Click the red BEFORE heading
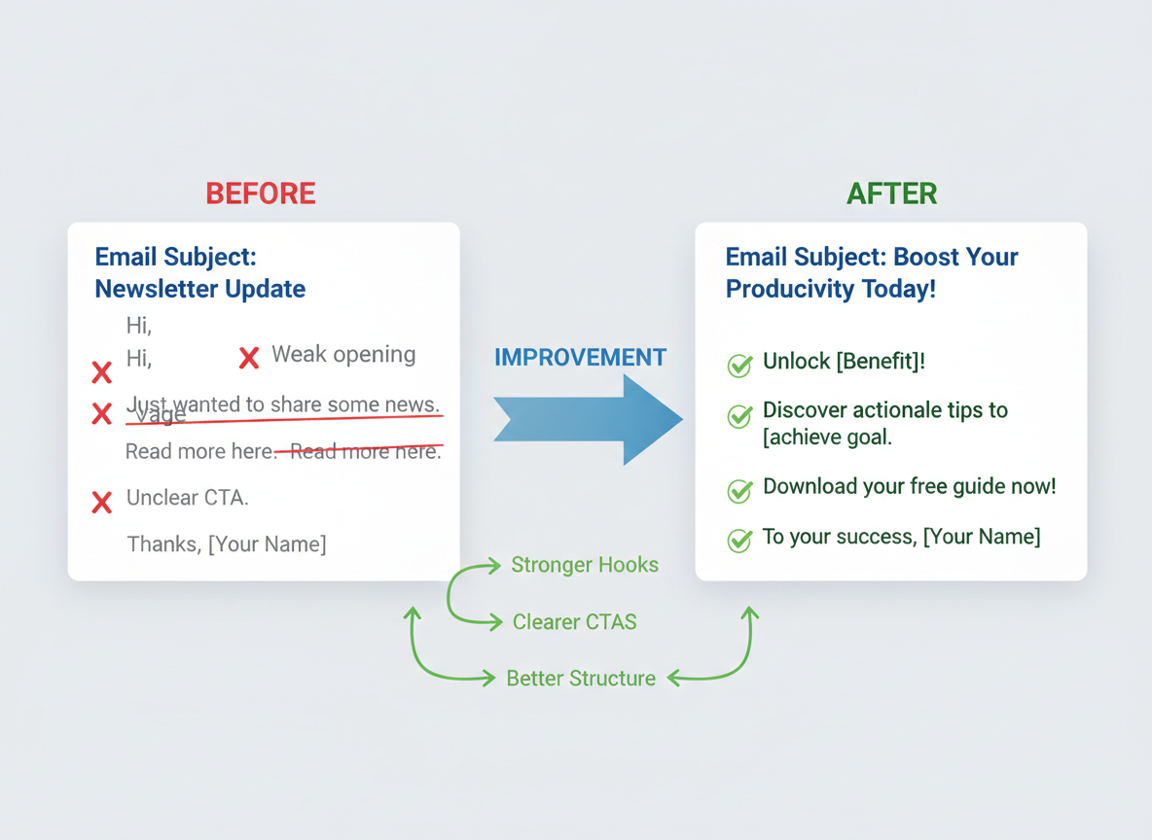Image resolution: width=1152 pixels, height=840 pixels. [260, 193]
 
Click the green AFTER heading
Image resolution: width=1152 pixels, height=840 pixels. [891, 193]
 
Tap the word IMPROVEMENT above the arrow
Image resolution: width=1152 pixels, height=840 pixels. [580, 358]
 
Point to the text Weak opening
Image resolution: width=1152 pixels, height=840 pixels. [343, 355]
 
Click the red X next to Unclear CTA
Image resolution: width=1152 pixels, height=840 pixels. [101, 503]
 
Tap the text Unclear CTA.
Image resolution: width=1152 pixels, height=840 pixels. [188, 499]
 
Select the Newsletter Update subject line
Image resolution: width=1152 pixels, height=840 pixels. [199, 289]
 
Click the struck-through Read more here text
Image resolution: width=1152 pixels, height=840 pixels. [360, 451]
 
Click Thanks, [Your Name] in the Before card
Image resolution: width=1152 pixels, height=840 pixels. [227, 544]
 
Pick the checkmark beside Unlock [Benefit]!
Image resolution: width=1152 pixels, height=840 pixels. [739, 366]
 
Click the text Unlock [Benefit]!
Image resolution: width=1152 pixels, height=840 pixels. [844, 362]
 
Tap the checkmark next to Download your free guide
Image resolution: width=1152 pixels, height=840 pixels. [739, 491]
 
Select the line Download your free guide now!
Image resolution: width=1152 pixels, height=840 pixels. [909, 487]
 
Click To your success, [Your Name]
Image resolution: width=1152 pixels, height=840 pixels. [901, 537]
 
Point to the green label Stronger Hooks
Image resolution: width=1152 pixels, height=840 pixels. [584, 565]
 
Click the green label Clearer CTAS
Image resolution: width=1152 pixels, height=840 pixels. [574, 622]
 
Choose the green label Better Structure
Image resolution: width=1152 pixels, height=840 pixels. [581, 679]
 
